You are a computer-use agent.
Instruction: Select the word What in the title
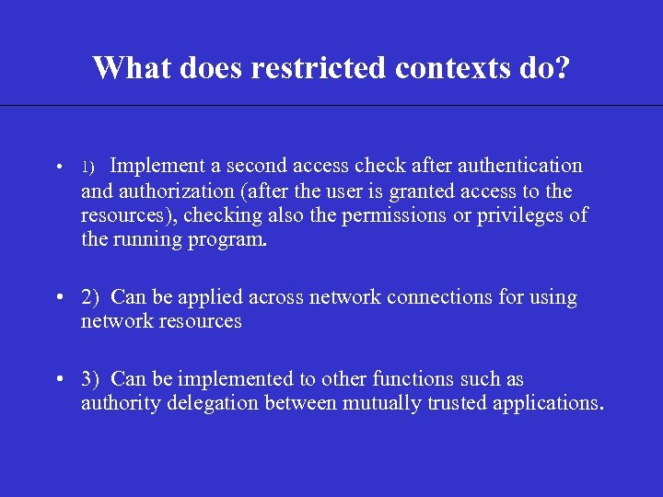coord(131,67)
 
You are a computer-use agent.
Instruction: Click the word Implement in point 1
coord(157,166)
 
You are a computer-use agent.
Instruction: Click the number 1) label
coord(88,167)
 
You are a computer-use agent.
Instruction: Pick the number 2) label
coord(90,297)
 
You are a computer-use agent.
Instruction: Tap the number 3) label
coord(90,378)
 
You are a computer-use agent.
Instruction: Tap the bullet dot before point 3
coord(58,379)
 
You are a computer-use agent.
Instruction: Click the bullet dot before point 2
coord(58,298)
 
